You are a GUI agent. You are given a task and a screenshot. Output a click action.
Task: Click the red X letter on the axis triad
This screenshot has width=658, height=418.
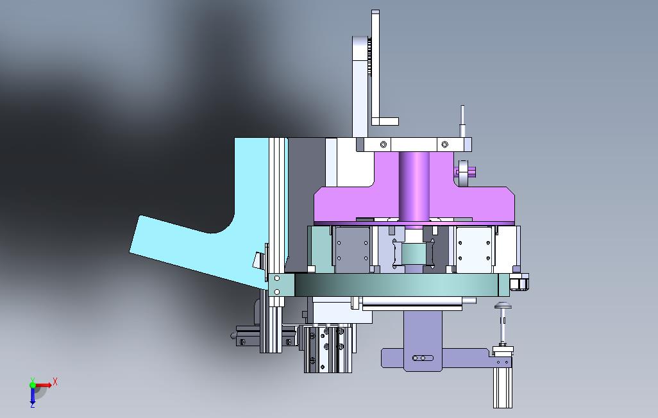click(x=55, y=382)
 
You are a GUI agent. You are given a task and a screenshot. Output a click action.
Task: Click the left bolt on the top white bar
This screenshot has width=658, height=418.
click(x=383, y=144)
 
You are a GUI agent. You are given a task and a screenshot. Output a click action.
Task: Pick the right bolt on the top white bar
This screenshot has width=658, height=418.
click(x=445, y=144)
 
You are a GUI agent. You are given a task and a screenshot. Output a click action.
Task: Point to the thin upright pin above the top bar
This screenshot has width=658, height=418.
click(x=462, y=121)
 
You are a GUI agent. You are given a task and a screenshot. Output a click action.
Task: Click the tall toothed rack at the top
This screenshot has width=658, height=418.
click(x=375, y=67)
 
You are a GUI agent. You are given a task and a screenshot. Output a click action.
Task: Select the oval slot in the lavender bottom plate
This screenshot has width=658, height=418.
click(x=423, y=358)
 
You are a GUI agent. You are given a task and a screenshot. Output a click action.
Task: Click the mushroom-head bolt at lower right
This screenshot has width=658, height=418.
click(x=503, y=322)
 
